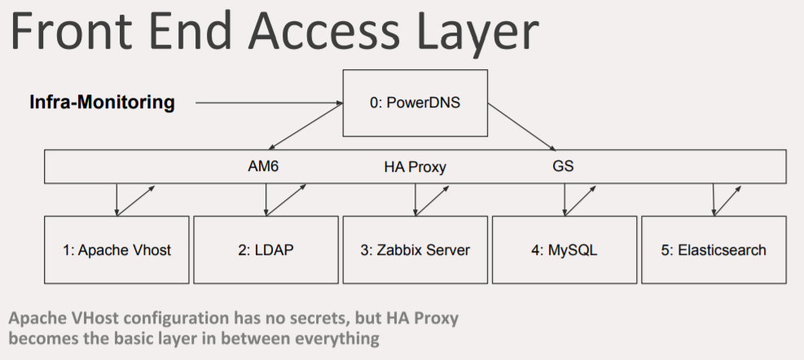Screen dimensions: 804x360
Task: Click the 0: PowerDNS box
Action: [415, 103]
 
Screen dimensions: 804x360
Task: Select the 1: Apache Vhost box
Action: [117, 250]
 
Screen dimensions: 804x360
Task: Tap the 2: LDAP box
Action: [266, 250]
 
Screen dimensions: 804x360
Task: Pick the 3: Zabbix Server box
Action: [415, 250]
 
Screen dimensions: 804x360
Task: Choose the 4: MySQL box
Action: [565, 250]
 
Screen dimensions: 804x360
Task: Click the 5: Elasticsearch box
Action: [714, 250]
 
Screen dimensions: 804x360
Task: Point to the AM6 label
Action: [263, 166]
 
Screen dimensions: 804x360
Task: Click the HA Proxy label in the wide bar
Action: [415, 167]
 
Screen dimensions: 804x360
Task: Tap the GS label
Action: [563, 166]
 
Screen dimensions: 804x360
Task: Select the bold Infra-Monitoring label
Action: [102, 102]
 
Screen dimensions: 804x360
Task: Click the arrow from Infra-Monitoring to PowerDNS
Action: [269, 103]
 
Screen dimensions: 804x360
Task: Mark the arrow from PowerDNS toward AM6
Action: [306, 126]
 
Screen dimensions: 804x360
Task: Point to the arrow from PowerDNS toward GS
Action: [522, 127]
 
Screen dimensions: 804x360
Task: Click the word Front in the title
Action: [71, 31]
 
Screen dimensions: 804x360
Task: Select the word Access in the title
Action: [324, 31]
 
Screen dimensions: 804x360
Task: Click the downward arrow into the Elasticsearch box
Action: [714, 200]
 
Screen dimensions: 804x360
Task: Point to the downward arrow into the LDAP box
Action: [266, 200]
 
